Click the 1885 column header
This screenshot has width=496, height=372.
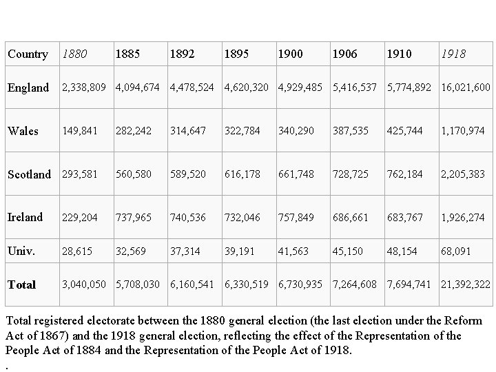[x=127, y=54]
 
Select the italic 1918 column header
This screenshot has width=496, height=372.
[x=453, y=54]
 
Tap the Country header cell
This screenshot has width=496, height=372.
[x=28, y=54]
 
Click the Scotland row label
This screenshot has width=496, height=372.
[x=29, y=174]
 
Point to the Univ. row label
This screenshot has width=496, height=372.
[x=21, y=251]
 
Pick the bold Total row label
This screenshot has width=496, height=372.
[x=21, y=285]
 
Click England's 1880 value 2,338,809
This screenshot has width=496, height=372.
[x=84, y=87]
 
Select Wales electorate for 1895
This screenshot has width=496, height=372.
[x=242, y=131]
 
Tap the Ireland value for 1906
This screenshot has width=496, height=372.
[x=350, y=217]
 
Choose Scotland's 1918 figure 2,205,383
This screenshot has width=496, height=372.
[x=463, y=174]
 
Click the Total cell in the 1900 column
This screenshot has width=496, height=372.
[x=300, y=285]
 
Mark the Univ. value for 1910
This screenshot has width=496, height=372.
[x=402, y=251]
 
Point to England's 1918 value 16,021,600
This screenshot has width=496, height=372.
[x=466, y=87]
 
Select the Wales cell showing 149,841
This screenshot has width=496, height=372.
[x=80, y=131]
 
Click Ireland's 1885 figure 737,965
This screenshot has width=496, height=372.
[x=134, y=217]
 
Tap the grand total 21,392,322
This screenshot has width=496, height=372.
[x=466, y=285]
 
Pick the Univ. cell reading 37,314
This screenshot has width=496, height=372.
[x=185, y=251]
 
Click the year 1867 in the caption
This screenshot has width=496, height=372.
[x=54, y=335]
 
